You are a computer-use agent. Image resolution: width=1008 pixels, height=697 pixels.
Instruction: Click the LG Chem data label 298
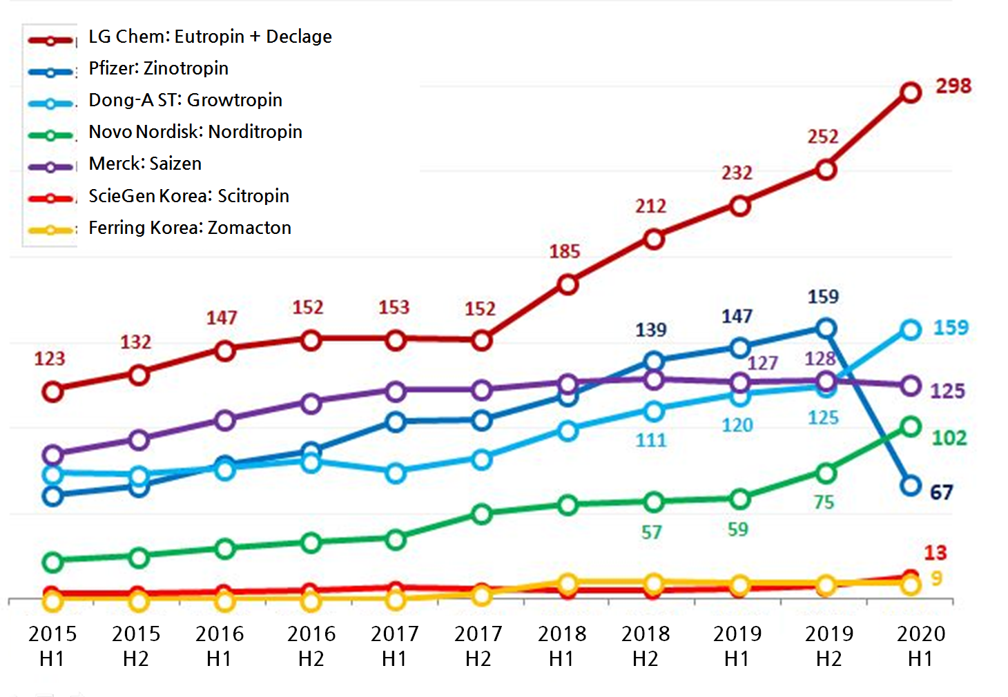click(x=953, y=86)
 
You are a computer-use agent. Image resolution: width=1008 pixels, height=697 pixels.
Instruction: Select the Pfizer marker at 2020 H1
click(x=911, y=486)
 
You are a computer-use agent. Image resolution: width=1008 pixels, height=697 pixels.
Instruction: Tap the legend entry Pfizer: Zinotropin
click(x=158, y=68)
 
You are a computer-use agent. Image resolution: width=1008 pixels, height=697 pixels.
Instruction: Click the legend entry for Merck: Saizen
click(x=145, y=164)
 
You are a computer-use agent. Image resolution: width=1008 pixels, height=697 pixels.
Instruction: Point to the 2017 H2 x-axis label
click(x=478, y=646)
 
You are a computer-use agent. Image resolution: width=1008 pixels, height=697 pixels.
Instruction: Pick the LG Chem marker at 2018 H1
click(x=568, y=284)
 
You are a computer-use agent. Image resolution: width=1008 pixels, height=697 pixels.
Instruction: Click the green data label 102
click(x=949, y=438)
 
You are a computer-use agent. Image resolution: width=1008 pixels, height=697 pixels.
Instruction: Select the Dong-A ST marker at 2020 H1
click(x=911, y=330)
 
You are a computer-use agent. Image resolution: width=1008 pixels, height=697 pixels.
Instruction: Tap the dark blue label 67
click(x=941, y=493)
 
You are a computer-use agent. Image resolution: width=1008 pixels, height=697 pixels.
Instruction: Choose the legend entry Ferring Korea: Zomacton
click(x=190, y=228)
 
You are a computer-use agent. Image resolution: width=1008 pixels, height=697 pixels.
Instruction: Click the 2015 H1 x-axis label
click(x=52, y=646)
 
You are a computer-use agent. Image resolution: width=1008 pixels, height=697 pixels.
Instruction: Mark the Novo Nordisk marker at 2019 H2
click(x=826, y=473)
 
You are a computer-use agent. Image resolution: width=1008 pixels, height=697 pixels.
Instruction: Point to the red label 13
click(x=936, y=553)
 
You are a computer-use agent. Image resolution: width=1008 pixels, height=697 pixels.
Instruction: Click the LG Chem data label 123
click(x=50, y=359)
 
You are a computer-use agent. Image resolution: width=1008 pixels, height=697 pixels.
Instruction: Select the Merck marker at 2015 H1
click(x=53, y=455)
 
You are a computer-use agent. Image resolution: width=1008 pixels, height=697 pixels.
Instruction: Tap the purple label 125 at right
click(x=947, y=391)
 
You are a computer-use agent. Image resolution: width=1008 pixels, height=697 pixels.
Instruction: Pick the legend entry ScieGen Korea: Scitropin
click(x=188, y=196)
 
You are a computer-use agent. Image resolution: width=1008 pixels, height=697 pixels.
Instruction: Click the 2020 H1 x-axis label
click(x=921, y=646)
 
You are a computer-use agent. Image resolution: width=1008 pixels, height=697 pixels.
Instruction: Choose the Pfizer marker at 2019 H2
click(x=826, y=328)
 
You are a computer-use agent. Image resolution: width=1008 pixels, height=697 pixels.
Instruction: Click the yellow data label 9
click(x=936, y=578)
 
